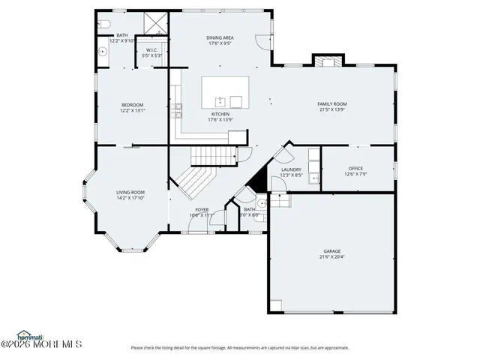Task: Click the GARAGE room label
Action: click(x=331, y=251)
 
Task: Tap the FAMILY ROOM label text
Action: click(x=331, y=104)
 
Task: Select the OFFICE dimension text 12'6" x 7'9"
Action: click(x=355, y=174)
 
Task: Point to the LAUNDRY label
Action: click(x=291, y=169)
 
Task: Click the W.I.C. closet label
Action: click(x=151, y=50)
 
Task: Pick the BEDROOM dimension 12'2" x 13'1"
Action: click(x=133, y=110)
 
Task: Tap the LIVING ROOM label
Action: click(x=130, y=192)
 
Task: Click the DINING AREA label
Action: click(x=220, y=37)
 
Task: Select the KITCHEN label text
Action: click(x=220, y=114)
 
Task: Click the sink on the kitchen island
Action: click(x=220, y=101)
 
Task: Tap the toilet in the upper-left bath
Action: click(x=103, y=25)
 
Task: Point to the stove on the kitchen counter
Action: click(x=178, y=110)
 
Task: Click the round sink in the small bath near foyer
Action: click(x=260, y=202)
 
